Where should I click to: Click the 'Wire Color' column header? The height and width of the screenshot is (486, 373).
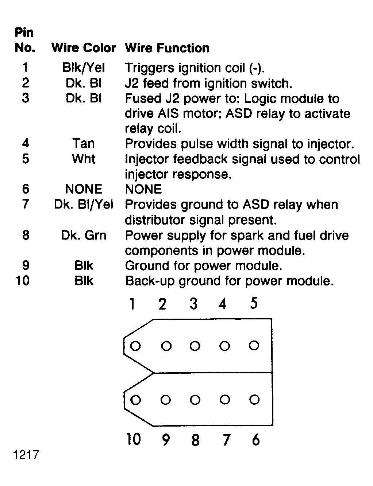(x=84, y=48)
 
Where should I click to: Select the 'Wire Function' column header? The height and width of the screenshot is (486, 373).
(x=167, y=48)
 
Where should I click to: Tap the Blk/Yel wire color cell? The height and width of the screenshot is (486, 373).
(x=84, y=68)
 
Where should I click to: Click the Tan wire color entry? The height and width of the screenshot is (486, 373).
(x=84, y=143)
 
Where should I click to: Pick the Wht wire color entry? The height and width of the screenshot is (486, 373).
(x=84, y=159)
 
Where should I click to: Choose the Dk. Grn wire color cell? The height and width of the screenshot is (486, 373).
(x=84, y=235)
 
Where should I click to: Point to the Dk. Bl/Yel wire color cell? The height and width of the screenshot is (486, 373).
(x=84, y=205)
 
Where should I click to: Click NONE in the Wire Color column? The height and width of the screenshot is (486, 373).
(x=84, y=189)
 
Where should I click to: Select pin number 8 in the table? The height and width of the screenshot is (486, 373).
(x=26, y=235)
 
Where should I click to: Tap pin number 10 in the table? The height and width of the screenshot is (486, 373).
(x=23, y=281)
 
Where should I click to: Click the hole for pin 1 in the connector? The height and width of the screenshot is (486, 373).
(x=135, y=346)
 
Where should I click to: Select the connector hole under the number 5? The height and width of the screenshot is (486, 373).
(x=254, y=345)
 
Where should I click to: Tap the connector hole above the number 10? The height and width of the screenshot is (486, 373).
(x=135, y=400)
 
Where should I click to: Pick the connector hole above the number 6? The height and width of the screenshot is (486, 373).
(x=254, y=400)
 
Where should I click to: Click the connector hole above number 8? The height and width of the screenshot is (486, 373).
(x=195, y=400)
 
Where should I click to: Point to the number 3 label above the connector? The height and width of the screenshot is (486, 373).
(x=194, y=304)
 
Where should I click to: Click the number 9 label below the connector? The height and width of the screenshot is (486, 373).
(x=166, y=440)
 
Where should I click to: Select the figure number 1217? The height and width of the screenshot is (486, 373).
(x=26, y=455)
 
